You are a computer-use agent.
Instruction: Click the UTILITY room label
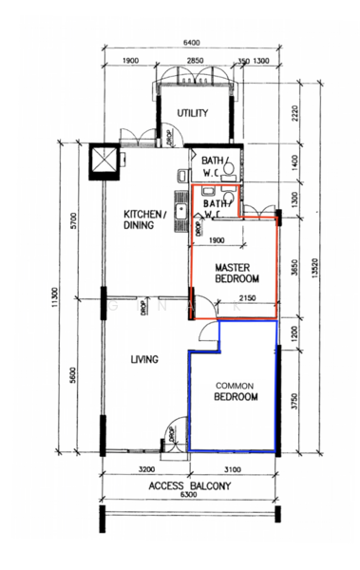coord(193,113)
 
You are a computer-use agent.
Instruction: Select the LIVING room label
coord(143,359)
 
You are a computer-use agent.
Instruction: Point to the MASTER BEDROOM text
coord(233,274)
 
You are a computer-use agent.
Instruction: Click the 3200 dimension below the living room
coord(146,469)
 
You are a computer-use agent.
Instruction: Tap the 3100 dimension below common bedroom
coord(234,469)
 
